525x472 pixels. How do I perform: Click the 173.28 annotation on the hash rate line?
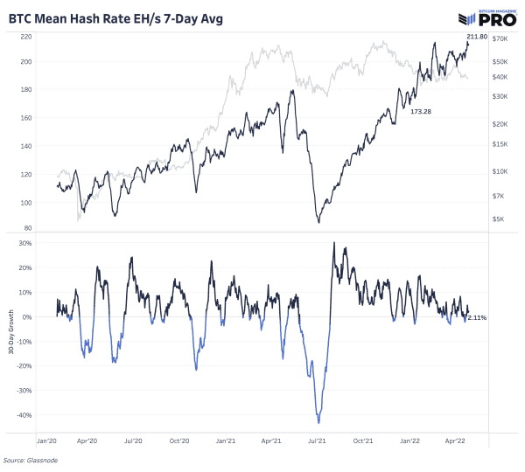point(422,111)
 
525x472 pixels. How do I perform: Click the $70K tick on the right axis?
point(501,40)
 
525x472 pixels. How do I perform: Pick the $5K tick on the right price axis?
point(500,219)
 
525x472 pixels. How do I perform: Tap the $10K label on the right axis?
point(501,171)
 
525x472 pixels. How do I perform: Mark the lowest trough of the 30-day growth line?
point(319,423)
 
